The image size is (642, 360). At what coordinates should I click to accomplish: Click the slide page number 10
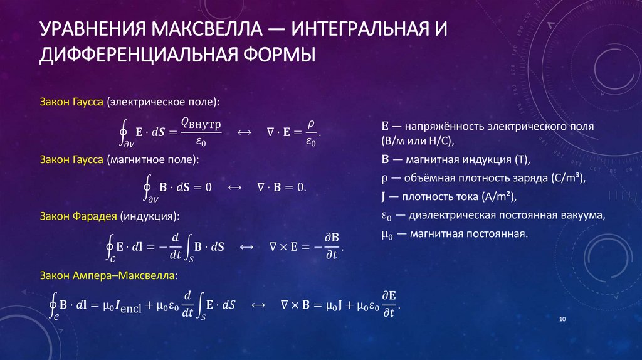pyautogui.click(x=562, y=320)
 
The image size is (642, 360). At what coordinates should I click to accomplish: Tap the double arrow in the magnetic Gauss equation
pyautogui.click(x=234, y=187)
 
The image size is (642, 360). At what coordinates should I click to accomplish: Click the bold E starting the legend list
pyautogui.click(x=384, y=126)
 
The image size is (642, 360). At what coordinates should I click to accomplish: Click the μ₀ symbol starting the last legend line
pyautogui.click(x=386, y=234)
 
